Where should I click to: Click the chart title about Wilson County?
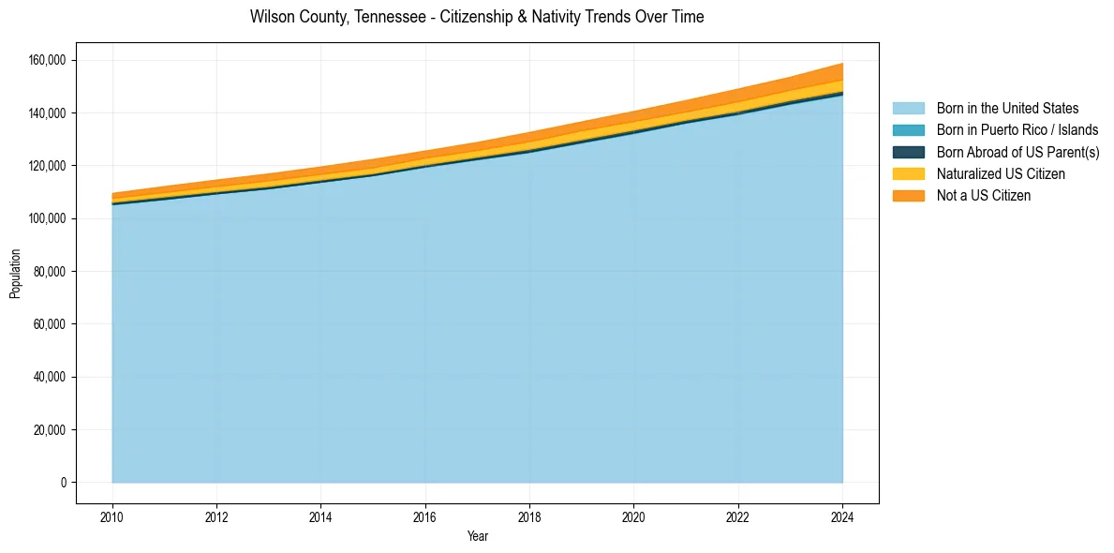coord(477,17)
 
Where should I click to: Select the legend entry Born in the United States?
coord(1007,109)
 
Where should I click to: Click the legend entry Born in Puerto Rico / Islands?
coord(1017,130)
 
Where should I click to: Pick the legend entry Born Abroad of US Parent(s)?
coord(1017,152)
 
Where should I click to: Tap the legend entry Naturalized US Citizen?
coord(1001,174)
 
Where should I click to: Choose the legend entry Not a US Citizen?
coord(984,196)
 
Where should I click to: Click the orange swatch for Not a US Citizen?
coord(908,196)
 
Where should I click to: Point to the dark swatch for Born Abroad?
coord(908,152)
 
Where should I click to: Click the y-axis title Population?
coord(15,274)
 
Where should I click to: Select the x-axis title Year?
coord(477,537)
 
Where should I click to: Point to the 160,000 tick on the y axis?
coord(47,60)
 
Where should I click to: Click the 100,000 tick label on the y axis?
coord(47,218)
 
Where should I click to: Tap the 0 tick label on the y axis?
coord(64,483)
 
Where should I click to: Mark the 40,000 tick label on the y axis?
coord(50,377)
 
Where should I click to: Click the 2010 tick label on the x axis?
coord(112,516)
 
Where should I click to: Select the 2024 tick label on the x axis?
coord(842,516)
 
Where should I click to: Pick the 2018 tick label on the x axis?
coord(529,516)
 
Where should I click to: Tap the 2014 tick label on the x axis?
coord(320,516)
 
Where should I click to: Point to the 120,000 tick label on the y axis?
coord(47,113)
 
